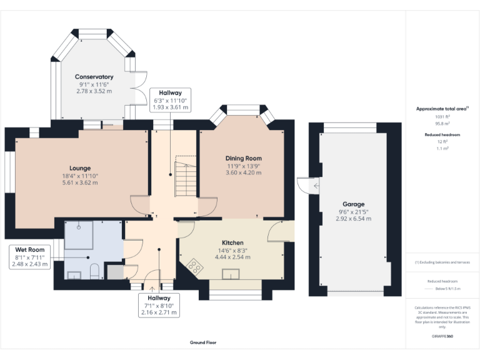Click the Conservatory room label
[94, 77]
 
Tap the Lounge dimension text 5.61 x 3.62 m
[80, 183]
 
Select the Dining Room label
[243, 158]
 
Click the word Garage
[353, 204]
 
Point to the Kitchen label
[232, 242]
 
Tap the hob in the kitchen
[195, 269]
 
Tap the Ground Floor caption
[204, 342]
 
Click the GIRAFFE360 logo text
[442, 336]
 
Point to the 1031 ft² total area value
[442, 116]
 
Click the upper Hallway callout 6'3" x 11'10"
[170, 100]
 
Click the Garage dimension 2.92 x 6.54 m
[353, 219]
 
